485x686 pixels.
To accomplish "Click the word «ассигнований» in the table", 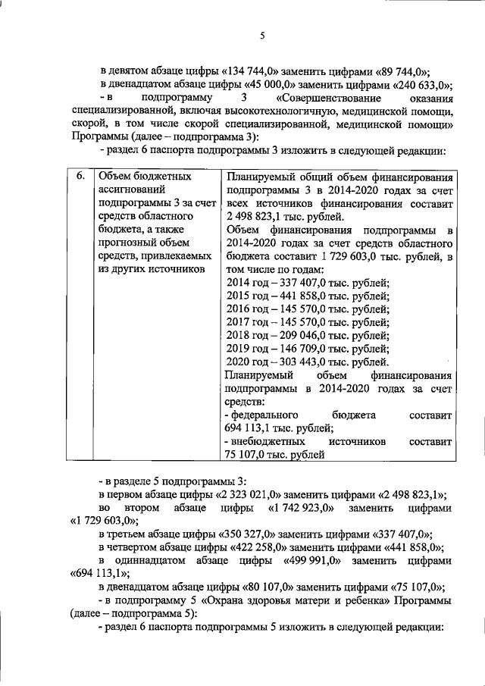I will click(x=133, y=190).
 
